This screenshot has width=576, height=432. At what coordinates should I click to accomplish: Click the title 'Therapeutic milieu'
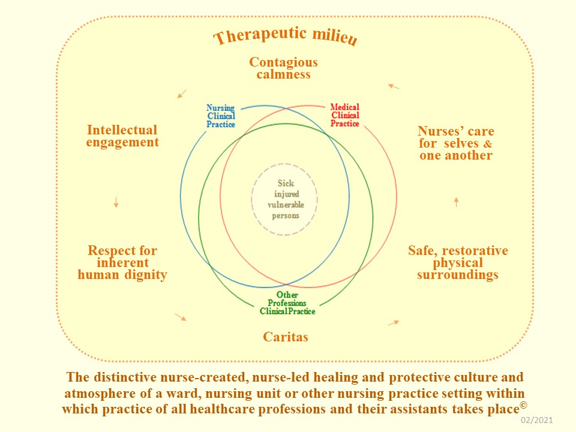tap(286, 36)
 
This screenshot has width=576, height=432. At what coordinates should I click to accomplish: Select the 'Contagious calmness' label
tap(283, 68)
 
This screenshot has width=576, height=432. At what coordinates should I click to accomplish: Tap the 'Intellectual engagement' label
tap(122, 136)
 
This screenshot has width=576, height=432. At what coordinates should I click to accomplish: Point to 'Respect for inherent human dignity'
tap(122, 263)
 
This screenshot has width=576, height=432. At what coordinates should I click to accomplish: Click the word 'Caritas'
tap(286, 337)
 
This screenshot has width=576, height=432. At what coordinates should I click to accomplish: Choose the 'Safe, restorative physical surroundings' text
tap(458, 263)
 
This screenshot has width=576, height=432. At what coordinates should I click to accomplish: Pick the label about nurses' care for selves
tap(456, 143)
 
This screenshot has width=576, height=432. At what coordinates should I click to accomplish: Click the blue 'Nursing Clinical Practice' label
tap(221, 116)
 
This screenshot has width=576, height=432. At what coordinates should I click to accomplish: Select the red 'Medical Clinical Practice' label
tap(345, 116)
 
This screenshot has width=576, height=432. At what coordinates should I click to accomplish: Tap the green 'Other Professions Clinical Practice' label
tap(287, 304)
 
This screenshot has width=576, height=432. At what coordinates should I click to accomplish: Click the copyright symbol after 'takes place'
tap(524, 404)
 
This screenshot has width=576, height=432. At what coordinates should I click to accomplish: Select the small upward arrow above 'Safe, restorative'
tap(457, 202)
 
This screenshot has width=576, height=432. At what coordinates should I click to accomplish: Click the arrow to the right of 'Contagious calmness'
tap(394, 86)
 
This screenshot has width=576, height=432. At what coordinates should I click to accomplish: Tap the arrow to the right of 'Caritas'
tap(393, 323)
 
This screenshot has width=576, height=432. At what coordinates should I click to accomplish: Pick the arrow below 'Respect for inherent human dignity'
tap(180, 316)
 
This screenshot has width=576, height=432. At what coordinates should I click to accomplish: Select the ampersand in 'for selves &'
tap(488, 144)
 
